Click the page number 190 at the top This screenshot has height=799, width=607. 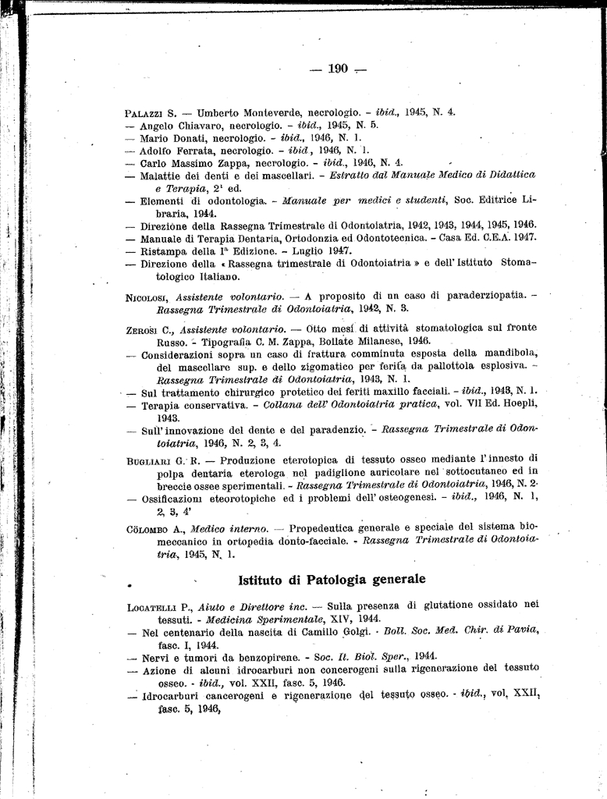point(337,69)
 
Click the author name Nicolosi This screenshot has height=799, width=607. point(147,297)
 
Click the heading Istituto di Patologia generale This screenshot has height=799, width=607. point(331,579)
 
